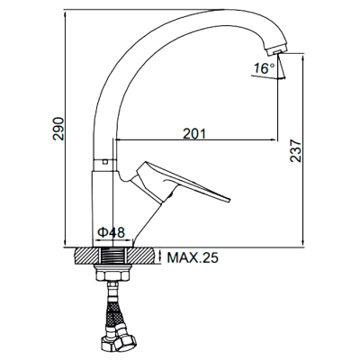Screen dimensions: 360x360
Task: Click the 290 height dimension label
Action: coord(58,129)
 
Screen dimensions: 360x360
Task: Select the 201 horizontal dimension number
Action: coord(194,133)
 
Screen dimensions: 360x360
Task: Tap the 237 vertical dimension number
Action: coord(296,150)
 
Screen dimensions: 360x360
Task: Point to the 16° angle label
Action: coord(264,68)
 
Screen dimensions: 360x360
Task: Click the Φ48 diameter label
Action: coord(111,232)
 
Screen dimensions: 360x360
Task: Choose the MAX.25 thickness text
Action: coord(193,257)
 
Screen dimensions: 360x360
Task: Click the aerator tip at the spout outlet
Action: coord(274,49)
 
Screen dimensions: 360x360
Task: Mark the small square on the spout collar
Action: coord(104,162)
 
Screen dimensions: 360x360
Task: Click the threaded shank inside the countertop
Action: coord(112,256)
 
